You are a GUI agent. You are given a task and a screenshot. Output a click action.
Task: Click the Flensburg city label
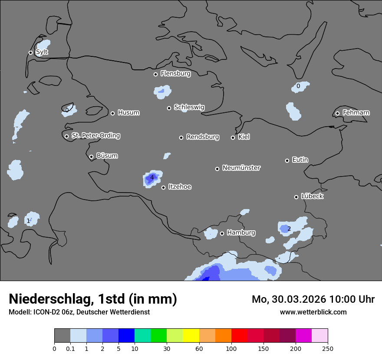pyautogui.click(x=175, y=74)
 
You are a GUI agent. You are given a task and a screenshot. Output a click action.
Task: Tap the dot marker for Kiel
pyautogui.click(x=233, y=137)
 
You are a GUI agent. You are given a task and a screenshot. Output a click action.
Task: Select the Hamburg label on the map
pyautogui.click(x=241, y=232)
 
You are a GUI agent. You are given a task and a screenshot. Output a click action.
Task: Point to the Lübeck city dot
pyautogui.click(x=296, y=197)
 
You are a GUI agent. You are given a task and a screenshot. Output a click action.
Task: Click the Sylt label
pyautogui.click(x=42, y=52)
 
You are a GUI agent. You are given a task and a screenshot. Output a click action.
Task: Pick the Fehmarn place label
pyautogui.click(x=356, y=113)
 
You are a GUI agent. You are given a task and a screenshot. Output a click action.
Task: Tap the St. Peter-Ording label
pyautogui.click(x=95, y=136)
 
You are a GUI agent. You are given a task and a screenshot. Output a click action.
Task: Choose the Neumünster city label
pyautogui.click(x=241, y=168)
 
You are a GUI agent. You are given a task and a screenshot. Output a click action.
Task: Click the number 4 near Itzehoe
pyautogui.click(x=152, y=177)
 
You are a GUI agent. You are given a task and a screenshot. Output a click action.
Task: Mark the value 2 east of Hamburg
pyautogui.click(x=289, y=229)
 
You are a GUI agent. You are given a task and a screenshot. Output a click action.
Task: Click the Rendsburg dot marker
pyautogui.click(x=181, y=137)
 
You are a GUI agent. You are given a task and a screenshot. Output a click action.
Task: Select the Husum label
pyautogui.click(x=128, y=113)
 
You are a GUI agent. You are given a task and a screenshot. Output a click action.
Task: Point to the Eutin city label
pyautogui.click(x=300, y=160)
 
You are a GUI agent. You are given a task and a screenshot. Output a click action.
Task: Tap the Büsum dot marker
pyautogui.click(x=91, y=157)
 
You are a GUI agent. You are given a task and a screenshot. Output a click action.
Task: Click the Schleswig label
pyautogui.click(x=189, y=107)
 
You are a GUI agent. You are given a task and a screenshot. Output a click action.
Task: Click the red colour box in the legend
pyautogui.click(x=239, y=336)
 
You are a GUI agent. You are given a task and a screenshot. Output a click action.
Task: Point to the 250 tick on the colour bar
pyautogui.click(x=328, y=348)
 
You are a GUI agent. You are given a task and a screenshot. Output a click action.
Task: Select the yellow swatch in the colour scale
pyautogui.click(x=191, y=336)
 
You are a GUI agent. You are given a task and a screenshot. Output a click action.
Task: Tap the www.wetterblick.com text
pyautogui.click(x=313, y=312)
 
